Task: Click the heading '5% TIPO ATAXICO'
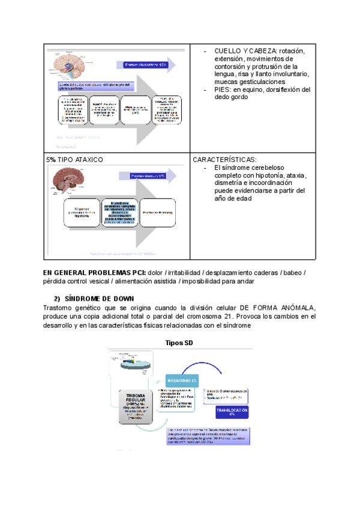pos(74,160)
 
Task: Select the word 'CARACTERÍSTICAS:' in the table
pos(224,160)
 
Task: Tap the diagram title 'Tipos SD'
pos(180,343)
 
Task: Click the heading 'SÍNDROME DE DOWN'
pos(99,299)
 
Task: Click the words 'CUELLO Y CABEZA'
pos(244,51)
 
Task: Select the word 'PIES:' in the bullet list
pos(224,89)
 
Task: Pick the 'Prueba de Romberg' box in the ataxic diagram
pos(158,213)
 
